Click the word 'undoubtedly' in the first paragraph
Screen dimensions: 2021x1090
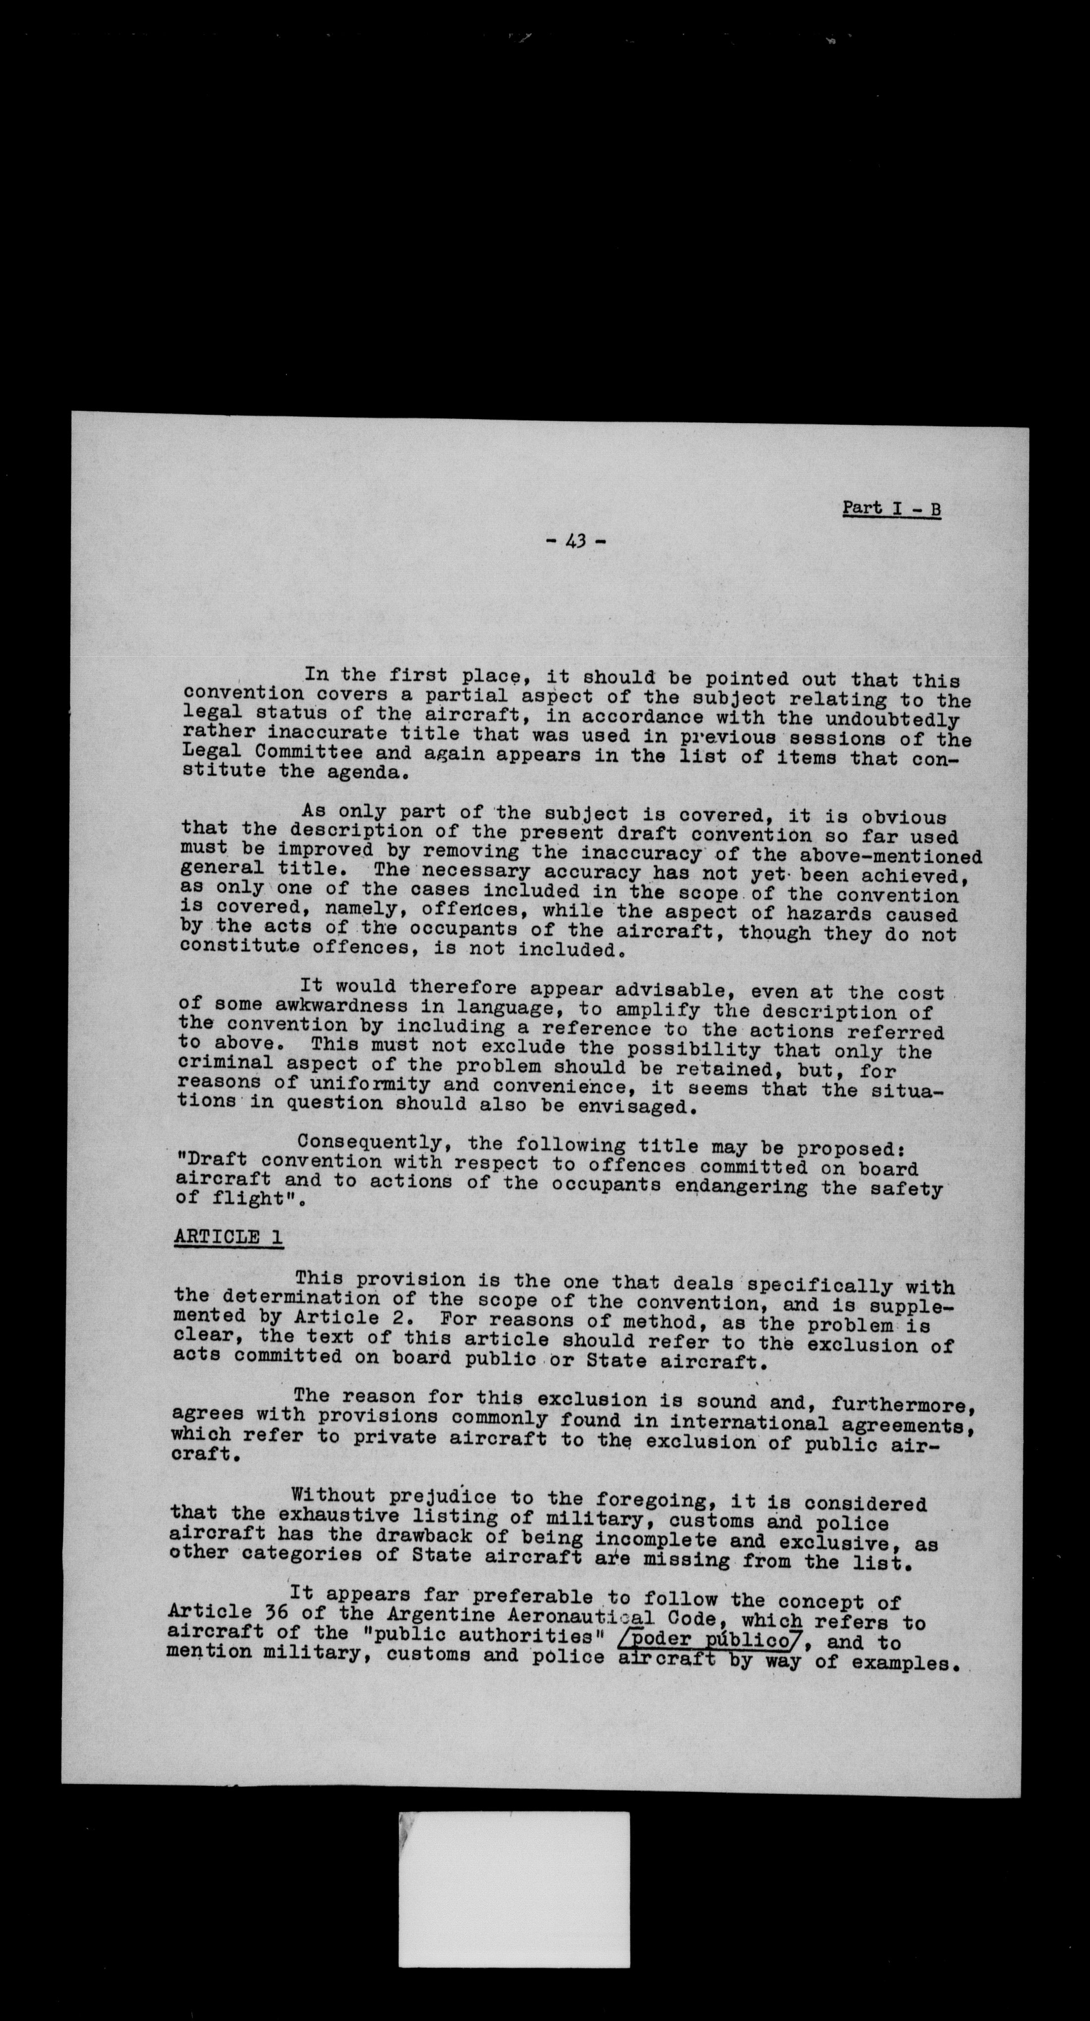click(892, 720)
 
